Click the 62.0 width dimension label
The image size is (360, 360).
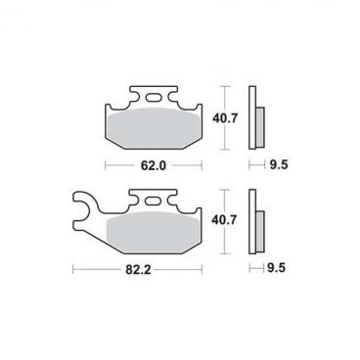(x=154, y=165)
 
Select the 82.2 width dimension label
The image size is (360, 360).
(x=138, y=270)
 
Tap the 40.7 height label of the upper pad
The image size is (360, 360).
(x=225, y=118)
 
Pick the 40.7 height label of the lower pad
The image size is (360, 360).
(x=224, y=220)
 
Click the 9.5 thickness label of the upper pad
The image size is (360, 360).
(x=279, y=165)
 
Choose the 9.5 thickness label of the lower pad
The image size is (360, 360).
(x=276, y=268)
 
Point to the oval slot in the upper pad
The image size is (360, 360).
(x=154, y=98)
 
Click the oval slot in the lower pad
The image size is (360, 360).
(x=154, y=201)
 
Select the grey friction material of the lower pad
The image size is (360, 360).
(x=154, y=232)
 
